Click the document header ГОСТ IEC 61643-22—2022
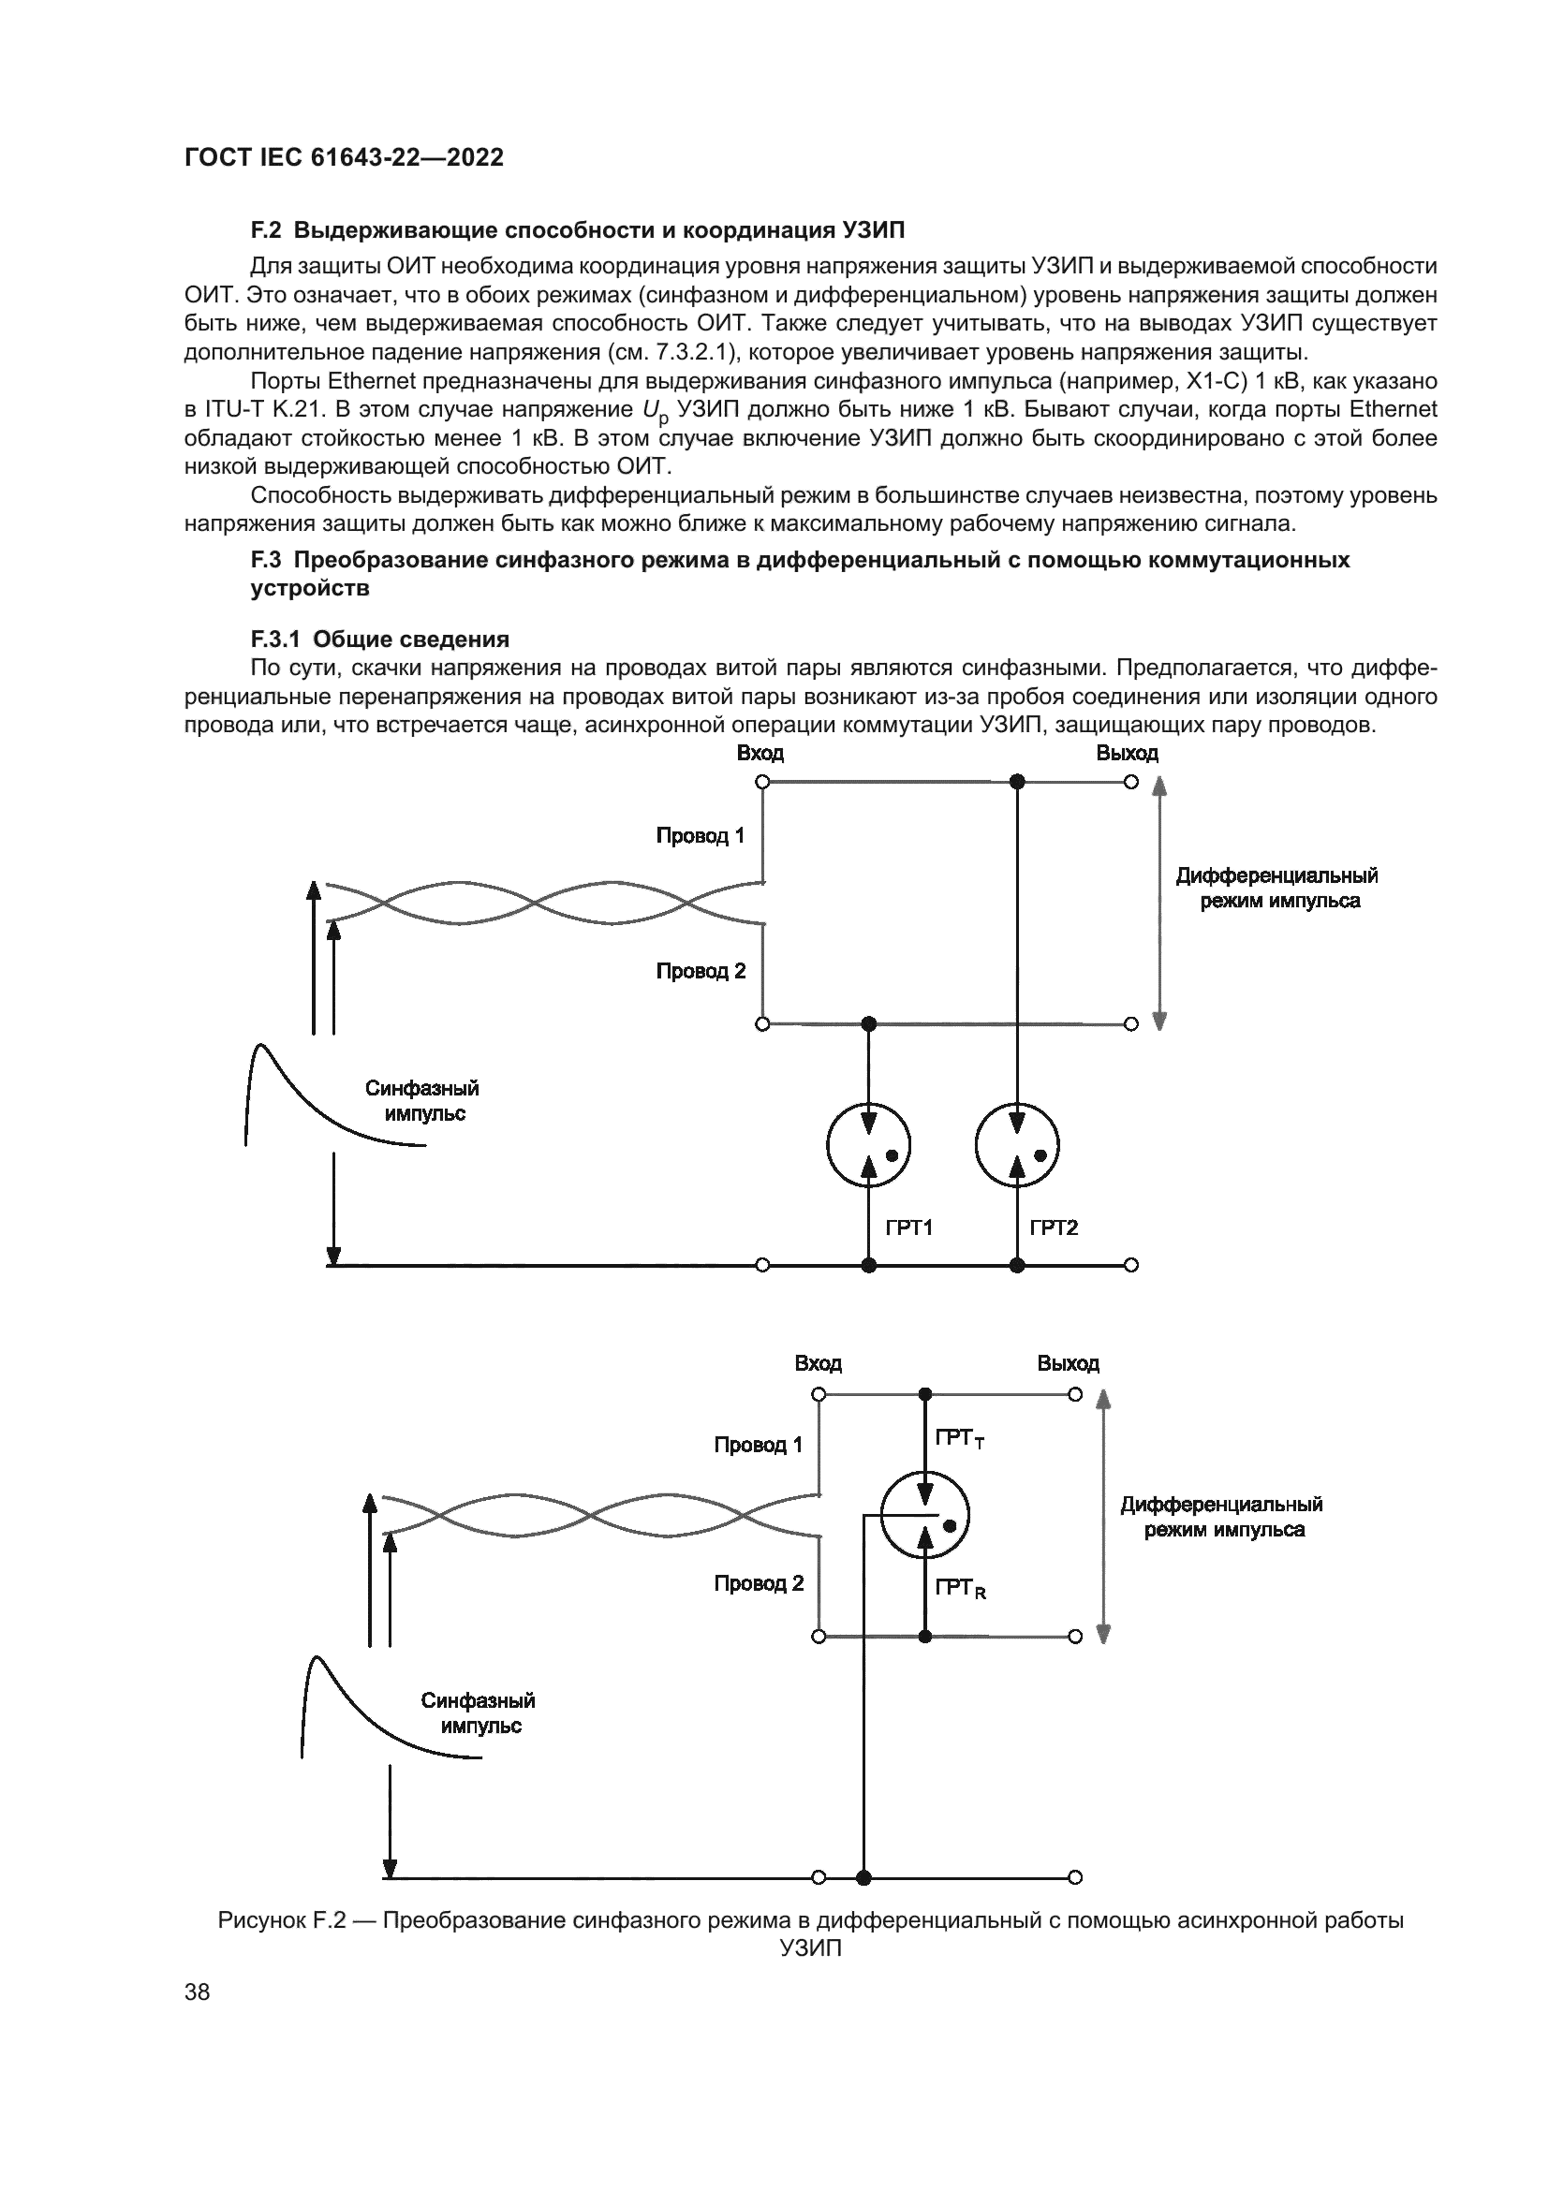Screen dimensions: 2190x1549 tap(344, 157)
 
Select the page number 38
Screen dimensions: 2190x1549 tap(198, 1992)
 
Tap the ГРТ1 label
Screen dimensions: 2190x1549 tap(908, 1227)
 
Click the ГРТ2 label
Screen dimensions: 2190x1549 tap(1054, 1227)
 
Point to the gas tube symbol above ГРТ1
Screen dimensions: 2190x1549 tap(868, 1144)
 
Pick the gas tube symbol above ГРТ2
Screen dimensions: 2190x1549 tap(1018, 1144)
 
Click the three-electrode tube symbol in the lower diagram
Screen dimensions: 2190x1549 tap(924, 1514)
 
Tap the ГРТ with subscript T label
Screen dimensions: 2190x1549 tap(959, 1438)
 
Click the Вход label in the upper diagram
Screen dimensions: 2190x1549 tap(760, 754)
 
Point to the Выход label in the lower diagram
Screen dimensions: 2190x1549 tap(1069, 1363)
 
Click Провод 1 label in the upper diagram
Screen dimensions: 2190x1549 tap(701, 835)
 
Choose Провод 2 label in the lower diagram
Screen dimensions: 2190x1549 tap(759, 1583)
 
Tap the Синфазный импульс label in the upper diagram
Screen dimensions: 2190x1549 tap(421, 1101)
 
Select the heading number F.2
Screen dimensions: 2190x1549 tap(266, 230)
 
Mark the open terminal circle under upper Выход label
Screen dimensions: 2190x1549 tap(1131, 782)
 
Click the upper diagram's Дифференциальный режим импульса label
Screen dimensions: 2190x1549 tap(1276, 888)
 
